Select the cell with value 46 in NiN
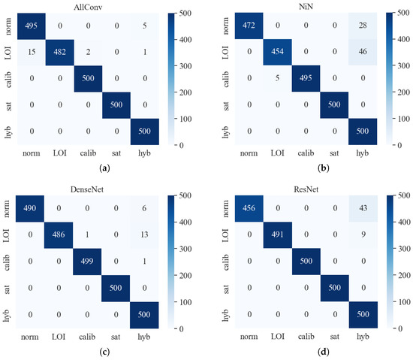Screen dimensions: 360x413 click(x=362, y=53)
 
